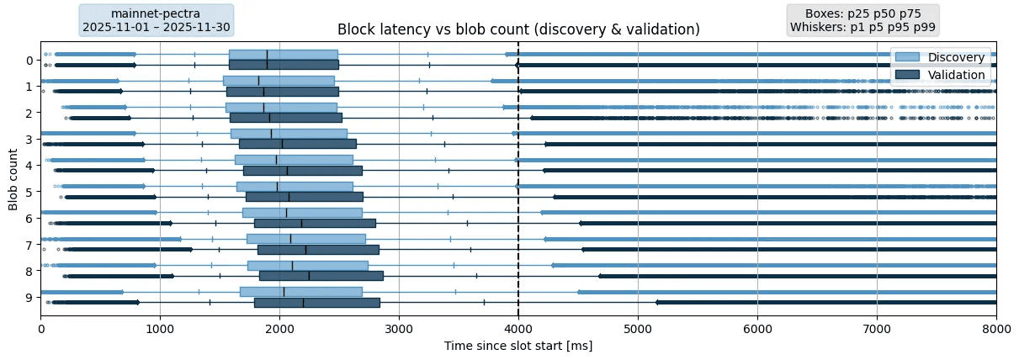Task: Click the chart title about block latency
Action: pyautogui.click(x=518, y=29)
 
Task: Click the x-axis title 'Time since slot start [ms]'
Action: pyautogui.click(x=518, y=346)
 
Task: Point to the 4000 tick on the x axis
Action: pyautogui.click(x=518, y=330)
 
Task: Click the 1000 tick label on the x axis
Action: pyautogui.click(x=160, y=330)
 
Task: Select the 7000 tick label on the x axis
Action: pyautogui.click(x=877, y=330)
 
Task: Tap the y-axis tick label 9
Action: pyautogui.click(x=29, y=298)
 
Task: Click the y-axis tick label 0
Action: pyautogui.click(x=29, y=60)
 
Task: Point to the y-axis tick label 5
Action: pyautogui.click(x=29, y=192)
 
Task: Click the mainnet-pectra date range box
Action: pyautogui.click(x=156, y=20)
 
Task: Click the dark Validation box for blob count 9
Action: pyautogui.click(x=316, y=303)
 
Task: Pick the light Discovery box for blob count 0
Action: pyautogui.click(x=283, y=55)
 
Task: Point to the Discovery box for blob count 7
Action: pyautogui.click(x=305, y=239)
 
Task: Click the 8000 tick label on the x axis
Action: pyautogui.click(x=996, y=330)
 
